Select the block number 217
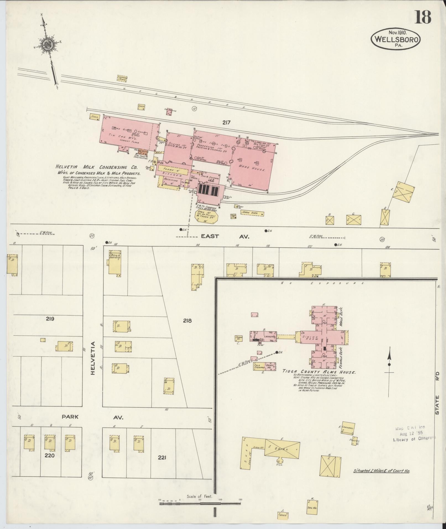226,122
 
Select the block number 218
187,321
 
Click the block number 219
50,319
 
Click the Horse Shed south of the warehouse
252,213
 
